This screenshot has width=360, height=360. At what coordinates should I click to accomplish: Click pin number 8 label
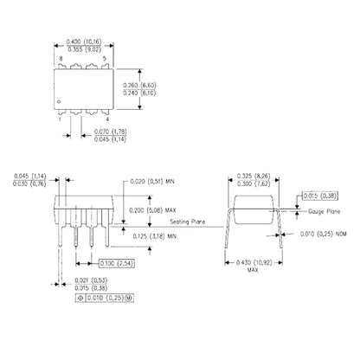click(x=60, y=60)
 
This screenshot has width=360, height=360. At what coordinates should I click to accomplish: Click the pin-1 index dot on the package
click(x=60, y=102)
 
